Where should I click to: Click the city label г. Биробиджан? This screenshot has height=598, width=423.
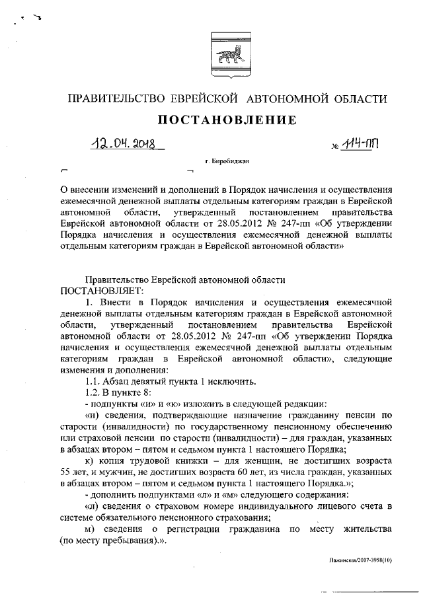227,161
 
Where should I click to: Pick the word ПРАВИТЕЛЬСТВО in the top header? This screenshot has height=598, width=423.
116,98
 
